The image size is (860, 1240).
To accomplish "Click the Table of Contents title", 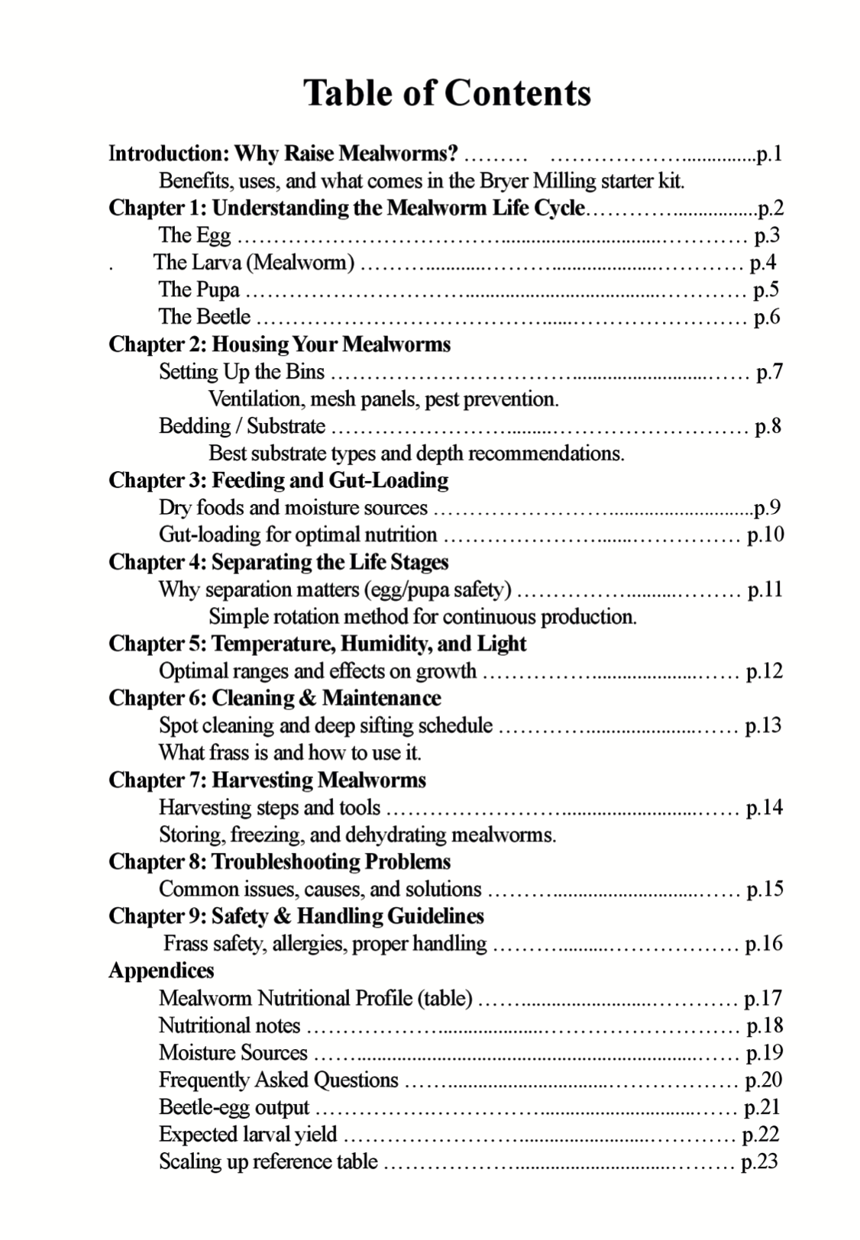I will tap(447, 93).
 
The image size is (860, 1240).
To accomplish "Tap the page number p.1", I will tap(768, 154).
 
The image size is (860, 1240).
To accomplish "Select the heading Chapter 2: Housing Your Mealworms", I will tap(280, 344).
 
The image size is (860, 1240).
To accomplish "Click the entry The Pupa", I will tap(199, 290).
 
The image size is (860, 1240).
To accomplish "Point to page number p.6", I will tap(766, 317).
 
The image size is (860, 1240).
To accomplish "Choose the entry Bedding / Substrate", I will tap(241, 426).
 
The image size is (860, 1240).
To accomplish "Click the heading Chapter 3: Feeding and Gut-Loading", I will tap(278, 480).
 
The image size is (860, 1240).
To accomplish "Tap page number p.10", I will tap(765, 534).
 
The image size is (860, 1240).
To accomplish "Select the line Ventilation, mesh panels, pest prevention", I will tap(383, 399).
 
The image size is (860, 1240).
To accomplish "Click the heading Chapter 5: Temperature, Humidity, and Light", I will tap(317, 644).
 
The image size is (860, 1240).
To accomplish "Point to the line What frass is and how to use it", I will tap(289, 753).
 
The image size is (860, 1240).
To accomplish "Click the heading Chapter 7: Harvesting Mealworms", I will tap(267, 780).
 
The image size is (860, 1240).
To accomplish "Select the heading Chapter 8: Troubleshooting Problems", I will tap(279, 862).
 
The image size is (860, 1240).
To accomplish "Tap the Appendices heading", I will tap(161, 971).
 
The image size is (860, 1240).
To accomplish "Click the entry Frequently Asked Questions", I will tap(278, 1080).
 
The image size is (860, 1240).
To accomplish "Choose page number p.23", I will tap(759, 1162).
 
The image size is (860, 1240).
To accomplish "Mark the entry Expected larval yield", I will tap(247, 1135).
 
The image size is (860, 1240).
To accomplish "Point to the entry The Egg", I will tap(194, 236).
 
